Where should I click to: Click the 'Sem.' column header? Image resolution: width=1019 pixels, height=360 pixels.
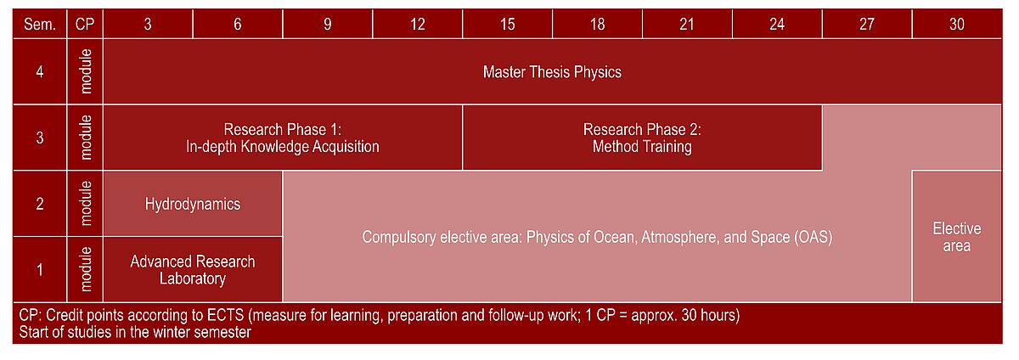pyautogui.click(x=40, y=24)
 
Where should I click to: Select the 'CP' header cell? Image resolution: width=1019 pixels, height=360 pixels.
pyautogui.click(x=85, y=24)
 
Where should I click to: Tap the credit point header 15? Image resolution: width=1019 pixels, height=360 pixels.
pyautogui.click(x=507, y=24)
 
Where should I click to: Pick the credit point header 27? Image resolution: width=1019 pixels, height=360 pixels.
pyautogui.click(x=867, y=24)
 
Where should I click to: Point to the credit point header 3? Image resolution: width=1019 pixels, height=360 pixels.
pyautogui.click(x=148, y=24)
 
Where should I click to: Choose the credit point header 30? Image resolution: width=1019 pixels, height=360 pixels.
pyautogui.click(x=957, y=24)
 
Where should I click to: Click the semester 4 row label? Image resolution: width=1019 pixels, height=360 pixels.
pyautogui.click(x=40, y=72)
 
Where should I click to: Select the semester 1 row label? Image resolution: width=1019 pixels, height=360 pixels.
pyautogui.click(x=40, y=269)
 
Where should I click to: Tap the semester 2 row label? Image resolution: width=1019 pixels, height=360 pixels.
pyautogui.click(x=40, y=204)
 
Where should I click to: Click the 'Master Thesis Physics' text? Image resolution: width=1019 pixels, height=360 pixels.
pyautogui.click(x=552, y=72)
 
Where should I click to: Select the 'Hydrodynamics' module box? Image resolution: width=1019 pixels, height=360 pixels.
pyautogui.click(x=193, y=204)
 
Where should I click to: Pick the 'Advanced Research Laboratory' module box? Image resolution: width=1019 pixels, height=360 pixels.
pyautogui.click(x=193, y=269)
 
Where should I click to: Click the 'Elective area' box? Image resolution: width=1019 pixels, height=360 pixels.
pyautogui.click(x=957, y=237)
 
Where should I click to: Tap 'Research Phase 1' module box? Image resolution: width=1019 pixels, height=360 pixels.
pyautogui.click(x=283, y=138)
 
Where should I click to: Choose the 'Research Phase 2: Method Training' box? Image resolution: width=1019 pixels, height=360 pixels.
pyautogui.click(x=642, y=138)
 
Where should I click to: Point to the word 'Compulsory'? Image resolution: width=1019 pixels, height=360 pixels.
pyautogui.click(x=398, y=237)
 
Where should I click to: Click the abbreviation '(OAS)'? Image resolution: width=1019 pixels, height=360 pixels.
pyautogui.click(x=814, y=237)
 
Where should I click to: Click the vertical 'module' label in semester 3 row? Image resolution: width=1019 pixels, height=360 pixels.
pyautogui.click(x=86, y=138)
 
